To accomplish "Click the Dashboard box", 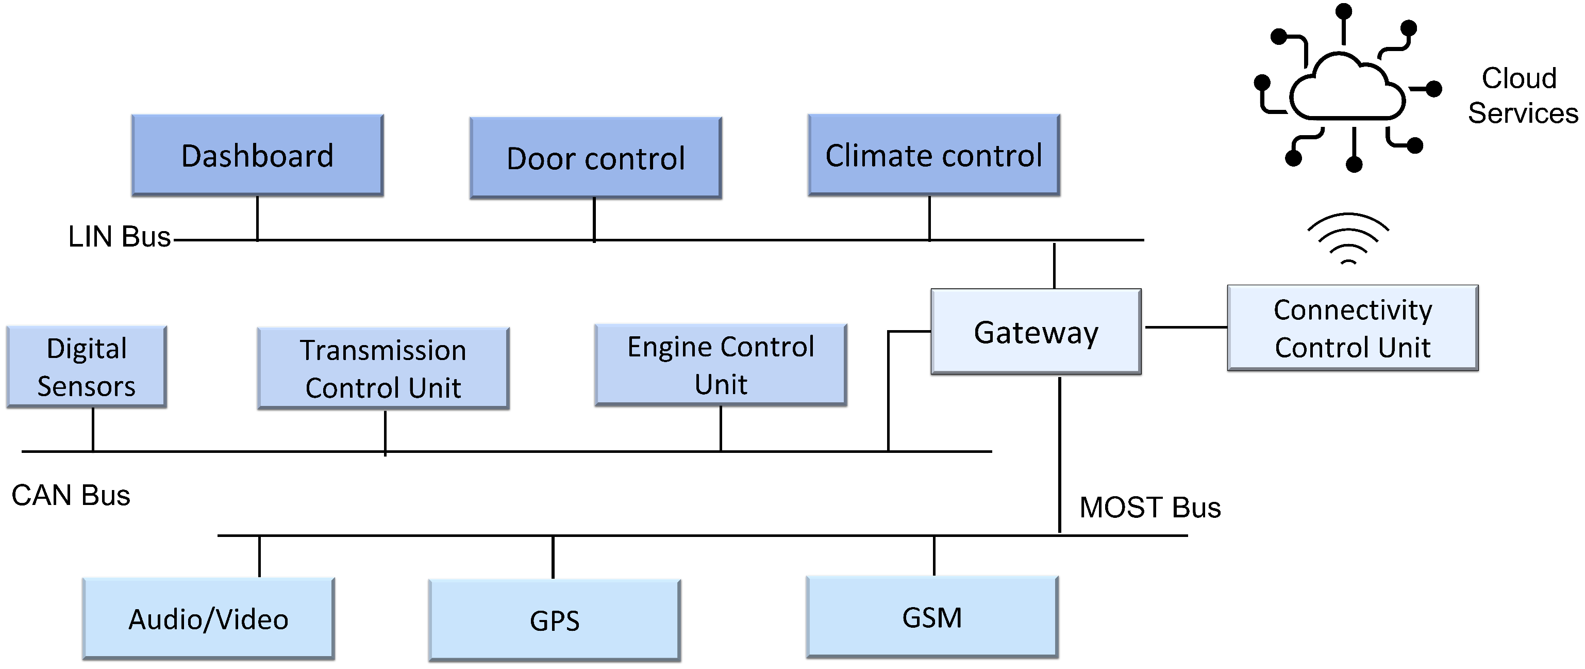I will coord(257,155).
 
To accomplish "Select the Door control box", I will coord(595,158).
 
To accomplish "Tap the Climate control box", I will coord(933,155).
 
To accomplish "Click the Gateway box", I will coord(1036,332).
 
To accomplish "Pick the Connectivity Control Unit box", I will coord(1353,328).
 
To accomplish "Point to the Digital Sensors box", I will coord(86,367).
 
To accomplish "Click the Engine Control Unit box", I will coord(721,365).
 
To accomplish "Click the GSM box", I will coord(931,617).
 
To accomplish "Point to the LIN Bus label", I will coord(119,237).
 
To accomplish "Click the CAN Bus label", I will coord(71,496).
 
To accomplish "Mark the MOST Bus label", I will coord(1149,508).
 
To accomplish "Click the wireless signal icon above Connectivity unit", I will coord(1348,239).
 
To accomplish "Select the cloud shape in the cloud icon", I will coord(1347,89).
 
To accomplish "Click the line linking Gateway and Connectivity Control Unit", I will coord(1185,328).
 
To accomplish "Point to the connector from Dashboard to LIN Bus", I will coord(257,218).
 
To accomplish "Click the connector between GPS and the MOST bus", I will coord(553,557).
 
